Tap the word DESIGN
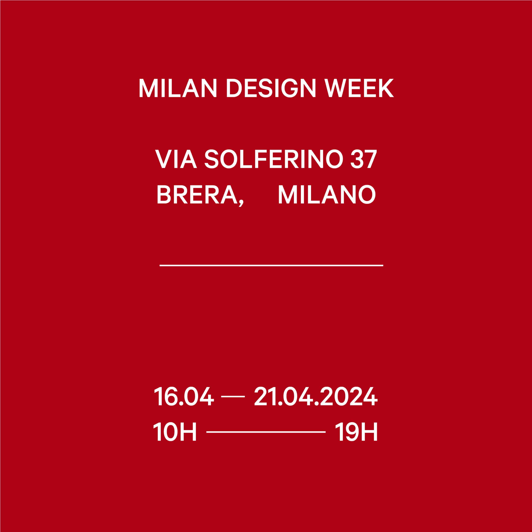pyautogui.click(x=271, y=88)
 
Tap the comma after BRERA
pyautogui.click(x=241, y=203)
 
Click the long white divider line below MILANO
pyautogui.click(x=271, y=265)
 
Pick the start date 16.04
pyautogui.click(x=184, y=396)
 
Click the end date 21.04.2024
pyautogui.click(x=316, y=396)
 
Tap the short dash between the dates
pyautogui.click(x=233, y=397)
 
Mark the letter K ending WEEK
pyautogui.click(x=386, y=88)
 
